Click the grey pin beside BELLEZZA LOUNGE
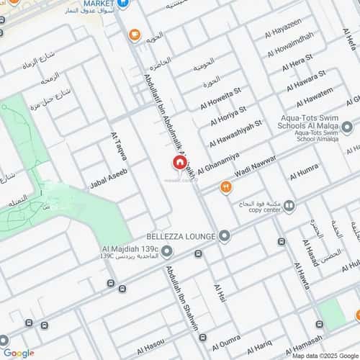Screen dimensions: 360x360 (225, 236)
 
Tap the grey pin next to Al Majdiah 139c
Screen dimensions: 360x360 (167, 251)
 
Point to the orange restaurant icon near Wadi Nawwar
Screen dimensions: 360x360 (225, 188)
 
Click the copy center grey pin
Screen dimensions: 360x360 (289, 207)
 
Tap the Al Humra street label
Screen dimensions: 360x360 (304, 173)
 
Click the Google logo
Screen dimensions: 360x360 (18, 353)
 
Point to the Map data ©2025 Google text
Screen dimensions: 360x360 (324, 355)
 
